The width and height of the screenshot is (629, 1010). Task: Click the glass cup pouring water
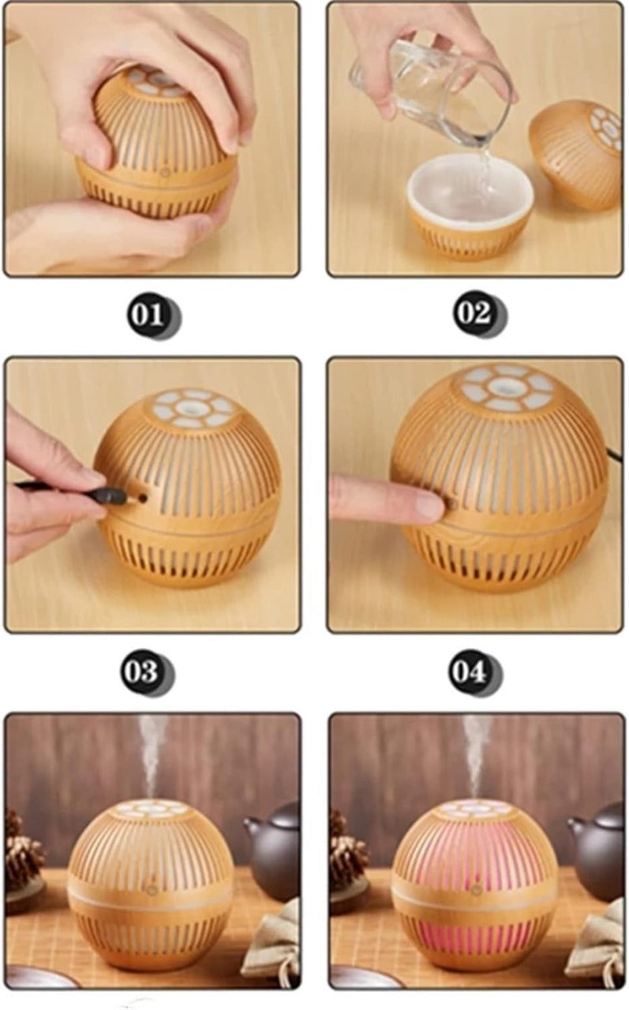[430, 87]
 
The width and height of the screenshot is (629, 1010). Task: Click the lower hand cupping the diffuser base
[118, 233]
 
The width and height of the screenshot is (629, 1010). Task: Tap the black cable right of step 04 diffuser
[613, 454]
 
